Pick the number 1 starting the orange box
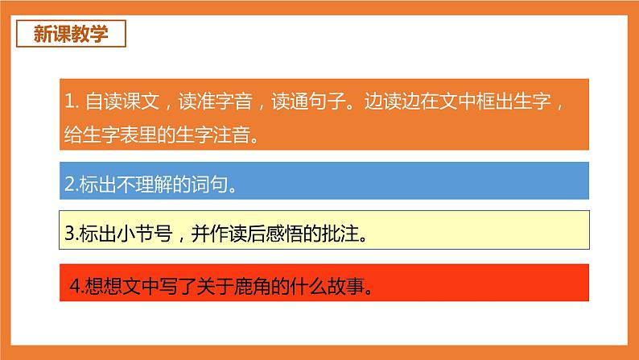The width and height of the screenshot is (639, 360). (x=68, y=103)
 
